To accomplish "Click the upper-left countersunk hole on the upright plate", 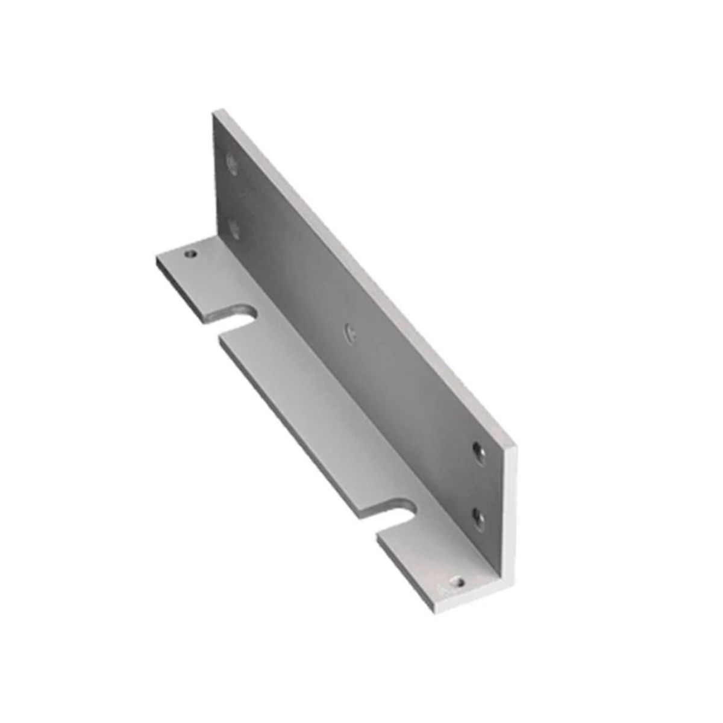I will (x=231, y=161).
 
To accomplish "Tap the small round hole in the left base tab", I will (x=192, y=254).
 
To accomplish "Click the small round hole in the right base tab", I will (x=460, y=582).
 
